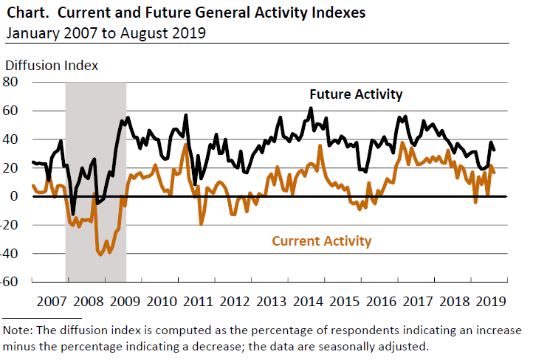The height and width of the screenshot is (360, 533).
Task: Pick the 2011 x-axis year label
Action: [x=197, y=302]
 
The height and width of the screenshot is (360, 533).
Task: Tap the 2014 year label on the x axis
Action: [x=308, y=302]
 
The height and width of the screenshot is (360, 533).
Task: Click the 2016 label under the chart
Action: [x=382, y=302]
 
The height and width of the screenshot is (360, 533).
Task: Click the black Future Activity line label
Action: [x=356, y=94]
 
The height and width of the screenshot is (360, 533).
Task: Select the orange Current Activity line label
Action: [x=322, y=240]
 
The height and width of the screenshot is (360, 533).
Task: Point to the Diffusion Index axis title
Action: [x=52, y=65]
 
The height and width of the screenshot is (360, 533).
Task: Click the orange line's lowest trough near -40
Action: [x=100, y=255]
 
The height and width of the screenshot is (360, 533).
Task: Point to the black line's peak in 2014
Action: [x=311, y=108]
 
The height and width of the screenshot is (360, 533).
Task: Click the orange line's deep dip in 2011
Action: [x=202, y=223]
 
